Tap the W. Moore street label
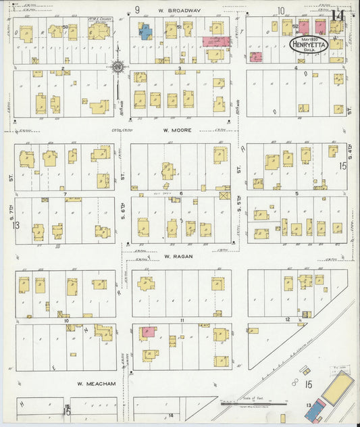(177, 130)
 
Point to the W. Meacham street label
(96, 384)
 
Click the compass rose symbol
(118, 66)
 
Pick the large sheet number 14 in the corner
(338, 16)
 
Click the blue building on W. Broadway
(145, 31)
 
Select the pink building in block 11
(147, 332)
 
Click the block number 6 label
(181, 193)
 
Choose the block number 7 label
(65, 193)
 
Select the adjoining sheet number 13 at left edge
(14, 225)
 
